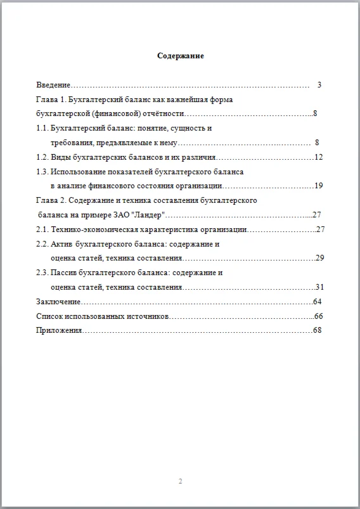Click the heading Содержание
point(180,56)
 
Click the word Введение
point(53,85)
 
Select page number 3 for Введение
point(319,85)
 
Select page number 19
point(319,186)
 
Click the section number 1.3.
point(42,172)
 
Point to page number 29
point(320,258)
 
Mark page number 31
point(320,287)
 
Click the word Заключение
point(58,302)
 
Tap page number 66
point(318,316)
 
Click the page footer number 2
point(180,482)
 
